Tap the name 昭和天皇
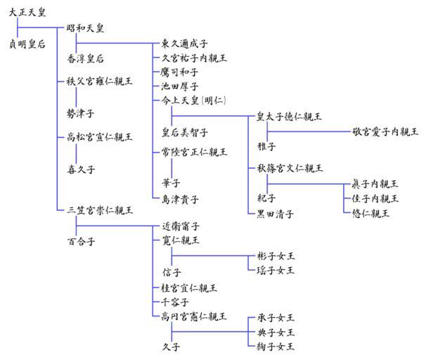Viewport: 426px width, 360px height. click(x=85, y=28)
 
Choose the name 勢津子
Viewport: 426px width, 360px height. click(x=80, y=112)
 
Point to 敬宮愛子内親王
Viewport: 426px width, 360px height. click(x=386, y=131)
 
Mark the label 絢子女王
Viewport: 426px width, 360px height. click(x=275, y=346)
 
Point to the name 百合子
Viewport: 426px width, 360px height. click(x=80, y=241)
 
